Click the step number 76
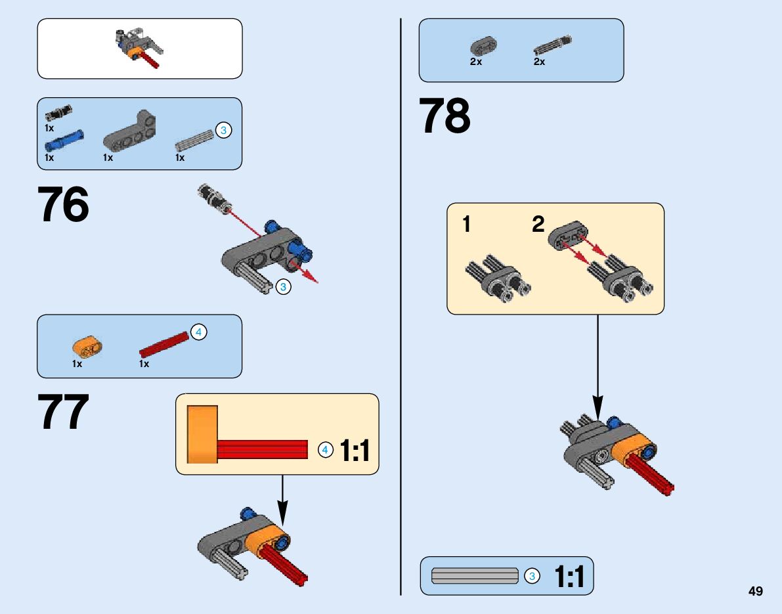pos(64,205)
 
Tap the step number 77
pos(64,412)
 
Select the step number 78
pos(445,116)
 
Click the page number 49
pos(755,591)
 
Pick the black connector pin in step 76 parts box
pos(59,112)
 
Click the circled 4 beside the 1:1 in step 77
pos(324,450)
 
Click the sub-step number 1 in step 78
pos(466,225)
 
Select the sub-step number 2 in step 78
pos(538,225)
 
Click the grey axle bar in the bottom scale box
pos(475,576)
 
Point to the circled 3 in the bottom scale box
pos(532,577)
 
